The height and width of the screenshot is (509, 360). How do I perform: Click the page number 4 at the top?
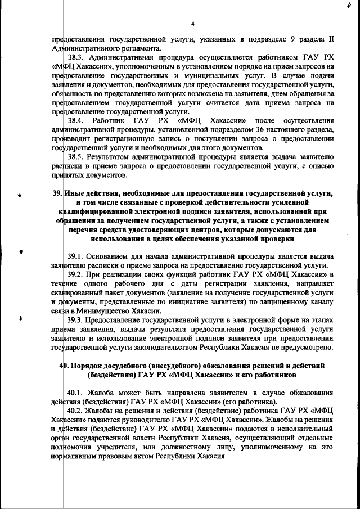[x=192, y=24]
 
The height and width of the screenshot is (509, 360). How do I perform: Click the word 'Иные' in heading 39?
[x=76, y=194]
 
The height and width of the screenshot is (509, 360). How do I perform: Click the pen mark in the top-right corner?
[x=350, y=6]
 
